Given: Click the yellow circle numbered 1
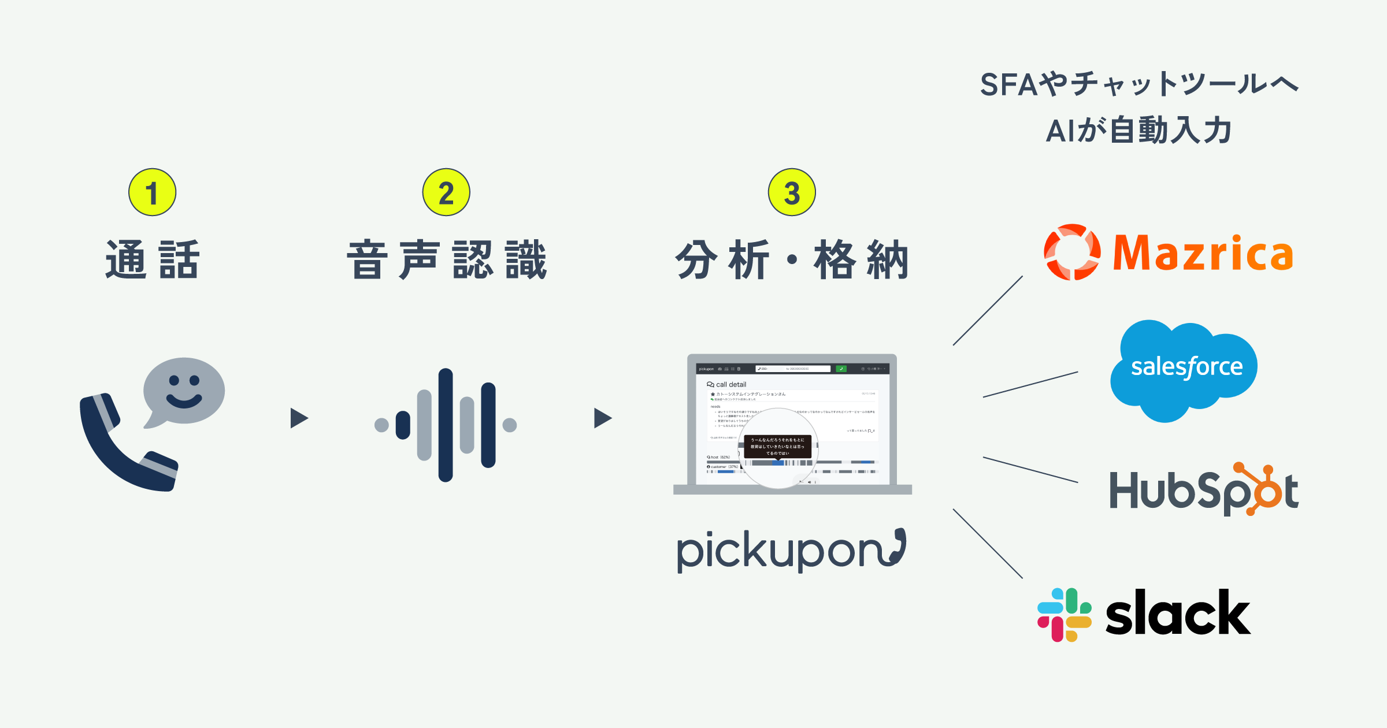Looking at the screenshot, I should (152, 192).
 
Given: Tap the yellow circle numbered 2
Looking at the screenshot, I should (446, 192).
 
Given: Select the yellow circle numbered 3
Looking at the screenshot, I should (792, 192).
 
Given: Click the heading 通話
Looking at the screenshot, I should (153, 260).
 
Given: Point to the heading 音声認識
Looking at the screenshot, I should (447, 260).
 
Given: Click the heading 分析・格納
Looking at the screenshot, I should (792, 260).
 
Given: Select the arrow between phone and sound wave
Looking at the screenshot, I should (299, 418).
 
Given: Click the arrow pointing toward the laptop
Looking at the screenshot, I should (602, 418).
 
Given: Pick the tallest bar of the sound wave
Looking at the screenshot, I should (446, 425).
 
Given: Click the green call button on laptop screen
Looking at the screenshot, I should (841, 369).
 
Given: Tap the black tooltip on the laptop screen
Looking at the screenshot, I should (777, 447).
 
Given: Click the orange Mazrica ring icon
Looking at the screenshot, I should (1072, 252).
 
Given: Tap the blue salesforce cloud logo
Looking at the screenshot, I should (1185, 370).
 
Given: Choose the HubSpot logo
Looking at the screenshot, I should (1204, 491).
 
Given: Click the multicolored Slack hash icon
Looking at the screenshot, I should (1064, 615).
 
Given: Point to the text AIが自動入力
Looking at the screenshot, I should (1138, 131).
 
